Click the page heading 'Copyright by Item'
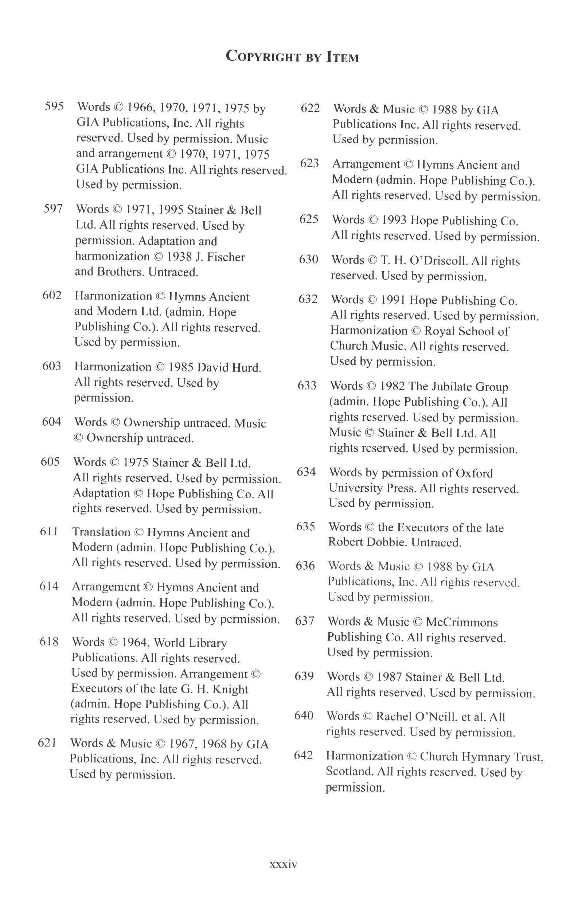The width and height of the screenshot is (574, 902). (292, 56)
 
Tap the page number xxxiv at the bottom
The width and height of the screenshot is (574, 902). (283, 864)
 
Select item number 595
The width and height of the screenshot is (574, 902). (54, 106)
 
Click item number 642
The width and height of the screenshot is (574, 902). (304, 755)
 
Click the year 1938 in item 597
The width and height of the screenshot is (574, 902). (179, 257)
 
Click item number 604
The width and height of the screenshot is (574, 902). (51, 422)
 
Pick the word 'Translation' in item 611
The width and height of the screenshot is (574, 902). (101, 532)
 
